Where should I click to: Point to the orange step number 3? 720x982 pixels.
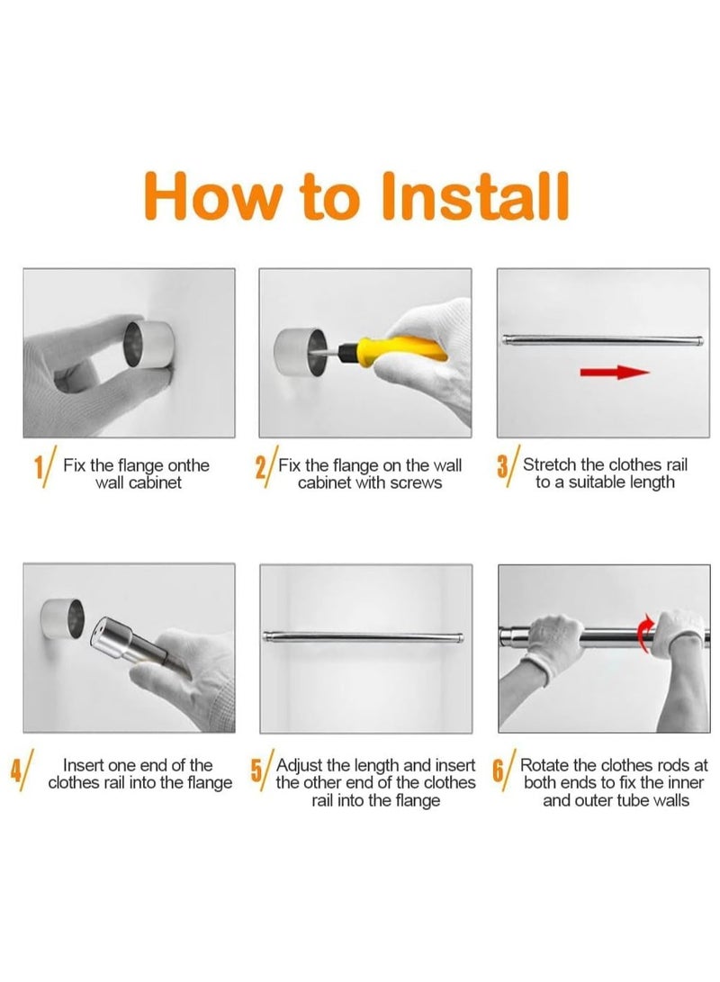(502, 468)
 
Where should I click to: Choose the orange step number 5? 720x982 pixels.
(256, 770)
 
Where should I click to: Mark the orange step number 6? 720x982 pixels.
(499, 770)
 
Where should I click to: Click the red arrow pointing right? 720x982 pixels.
(615, 373)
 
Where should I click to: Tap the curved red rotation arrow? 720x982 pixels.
(643, 633)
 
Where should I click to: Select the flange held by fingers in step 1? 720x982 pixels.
(148, 344)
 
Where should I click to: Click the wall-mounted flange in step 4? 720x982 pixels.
(62, 618)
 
